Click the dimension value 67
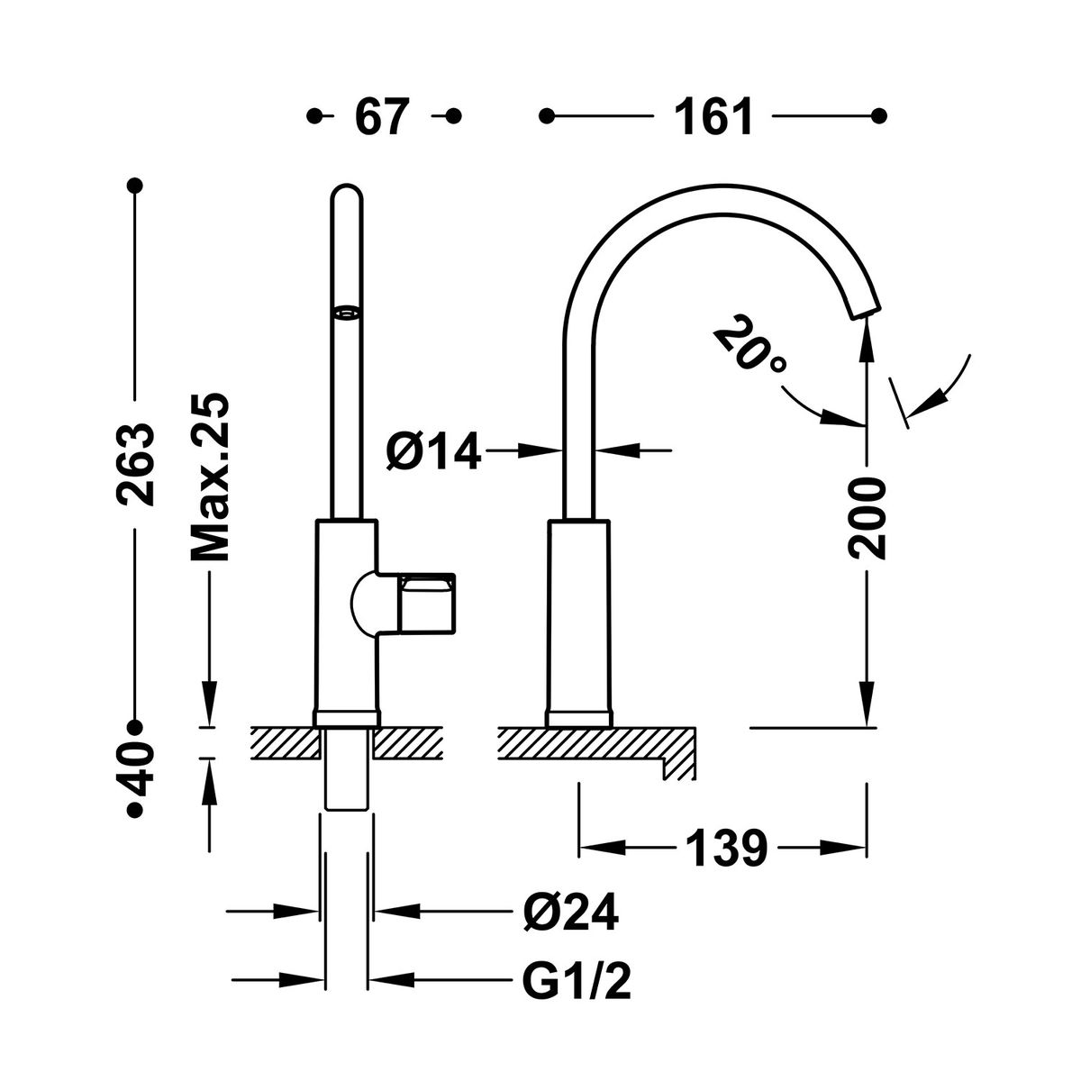pyautogui.click(x=383, y=117)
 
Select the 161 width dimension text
pyautogui.click(x=713, y=117)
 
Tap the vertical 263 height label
pyautogui.click(x=134, y=465)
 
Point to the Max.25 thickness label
pyautogui.click(x=209, y=477)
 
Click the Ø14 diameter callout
pyautogui.click(x=433, y=450)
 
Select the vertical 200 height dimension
pyautogui.click(x=867, y=518)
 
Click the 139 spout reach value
pyautogui.click(x=726, y=849)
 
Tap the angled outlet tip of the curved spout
pyautogui.click(x=865, y=309)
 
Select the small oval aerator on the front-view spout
pyautogui.click(x=346, y=313)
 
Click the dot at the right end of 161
pyautogui.click(x=879, y=116)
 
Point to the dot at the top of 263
pyautogui.click(x=134, y=186)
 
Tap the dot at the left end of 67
pyautogui.click(x=314, y=116)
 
